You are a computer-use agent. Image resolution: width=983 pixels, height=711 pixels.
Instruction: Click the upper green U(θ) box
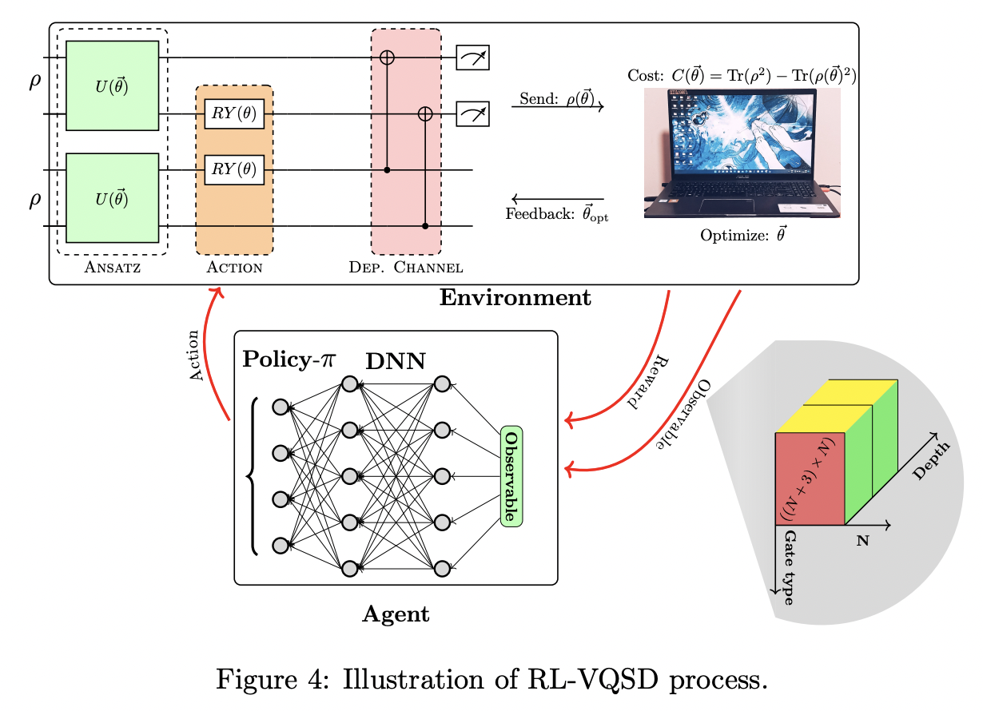point(112,85)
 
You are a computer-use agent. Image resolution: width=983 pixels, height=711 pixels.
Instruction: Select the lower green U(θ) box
point(112,197)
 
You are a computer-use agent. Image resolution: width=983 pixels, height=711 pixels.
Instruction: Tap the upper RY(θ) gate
point(234,114)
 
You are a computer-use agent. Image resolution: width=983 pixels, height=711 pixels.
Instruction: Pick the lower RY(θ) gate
point(234,170)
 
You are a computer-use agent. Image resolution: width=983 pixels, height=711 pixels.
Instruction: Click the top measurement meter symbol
point(472,58)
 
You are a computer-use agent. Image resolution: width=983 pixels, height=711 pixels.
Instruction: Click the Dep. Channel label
point(406,267)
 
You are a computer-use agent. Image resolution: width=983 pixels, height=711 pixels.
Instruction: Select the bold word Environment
point(515,299)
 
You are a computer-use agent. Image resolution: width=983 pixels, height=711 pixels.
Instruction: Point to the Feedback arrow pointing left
point(557,198)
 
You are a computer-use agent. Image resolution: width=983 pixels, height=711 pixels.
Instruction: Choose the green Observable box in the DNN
point(511,476)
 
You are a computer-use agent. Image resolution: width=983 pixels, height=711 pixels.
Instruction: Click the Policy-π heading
point(289,359)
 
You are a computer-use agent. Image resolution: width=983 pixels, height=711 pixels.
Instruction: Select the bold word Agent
point(396,614)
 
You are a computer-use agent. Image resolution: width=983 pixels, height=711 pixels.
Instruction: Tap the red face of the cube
point(810,479)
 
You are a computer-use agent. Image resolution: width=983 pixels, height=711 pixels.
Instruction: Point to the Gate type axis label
point(789,567)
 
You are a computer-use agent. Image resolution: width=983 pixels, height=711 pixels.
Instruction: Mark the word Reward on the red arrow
point(649,381)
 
